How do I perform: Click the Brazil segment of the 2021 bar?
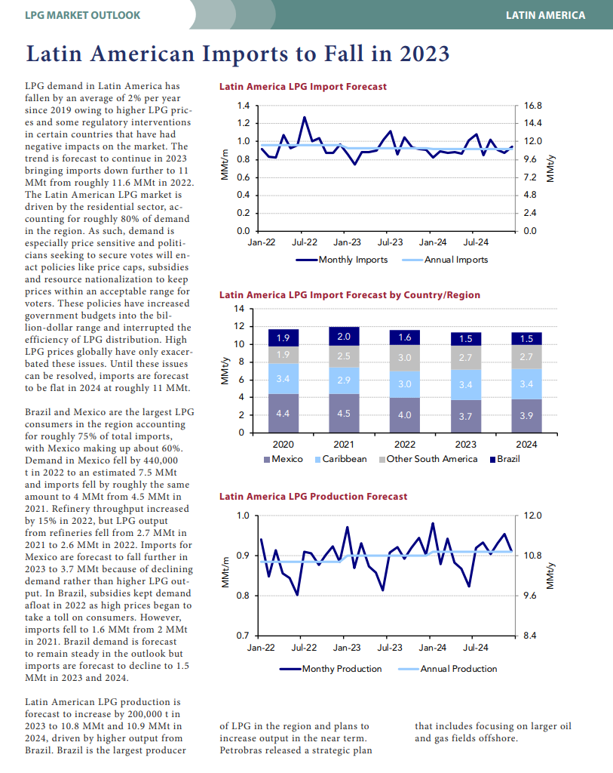pyautogui.click(x=344, y=336)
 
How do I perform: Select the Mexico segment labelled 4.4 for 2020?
pyautogui.click(x=283, y=413)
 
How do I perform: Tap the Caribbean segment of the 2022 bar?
pyautogui.click(x=404, y=384)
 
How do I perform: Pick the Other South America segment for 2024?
pyautogui.click(x=526, y=356)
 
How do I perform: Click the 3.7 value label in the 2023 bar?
pyautogui.click(x=465, y=416)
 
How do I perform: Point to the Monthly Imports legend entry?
pyautogui.click(x=342, y=260)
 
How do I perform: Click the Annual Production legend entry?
pyautogui.click(x=447, y=669)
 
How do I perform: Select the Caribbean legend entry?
pyautogui.click(x=341, y=459)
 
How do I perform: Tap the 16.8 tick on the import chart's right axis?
pyautogui.click(x=533, y=106)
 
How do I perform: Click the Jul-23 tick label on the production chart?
pyautogui.click(x=390, y=647)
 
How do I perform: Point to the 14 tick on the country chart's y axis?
pyautogui.click(x=239, y=309)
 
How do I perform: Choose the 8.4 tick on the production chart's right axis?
pyautogui.click(x=530, y=636)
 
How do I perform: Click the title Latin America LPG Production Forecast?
pyautogui.click(x=313, y=497)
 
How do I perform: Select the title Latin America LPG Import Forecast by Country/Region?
pyautogui.click(x=350, y=295)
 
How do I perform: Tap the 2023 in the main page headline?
pyautogui.click(x=425, y=54)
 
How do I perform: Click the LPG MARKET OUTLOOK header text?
pyautogui.click(x=83, y=15)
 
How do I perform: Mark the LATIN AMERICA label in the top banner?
pyautogui.click(x=546, y=15)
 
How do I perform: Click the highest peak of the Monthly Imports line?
pyautogui.click(x=305, y=117)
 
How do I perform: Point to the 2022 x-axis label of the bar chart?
pyautogui.click(x=405, y=444)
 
